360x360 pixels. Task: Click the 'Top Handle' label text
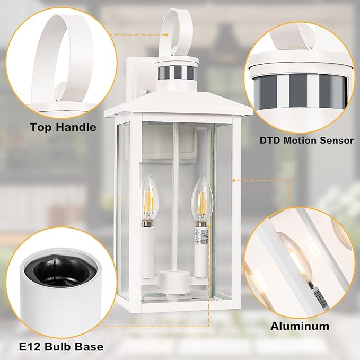tap(63, 127)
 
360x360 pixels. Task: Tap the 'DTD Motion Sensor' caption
tap(306, 141)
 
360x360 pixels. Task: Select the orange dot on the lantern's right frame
tap(233, 180)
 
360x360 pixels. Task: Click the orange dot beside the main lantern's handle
tap(165, 35)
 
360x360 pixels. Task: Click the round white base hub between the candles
tap(173, 278)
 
